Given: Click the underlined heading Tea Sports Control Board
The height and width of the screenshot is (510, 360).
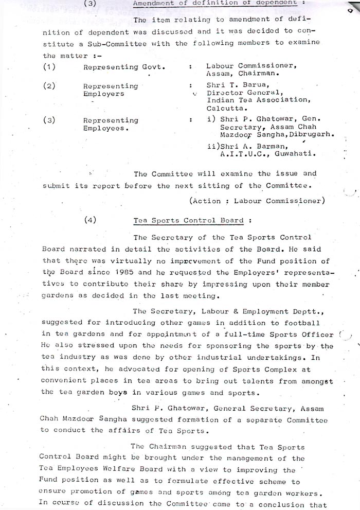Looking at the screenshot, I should tap(188, 220).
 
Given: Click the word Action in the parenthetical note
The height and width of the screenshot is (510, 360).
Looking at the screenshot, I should tap(207, 201).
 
